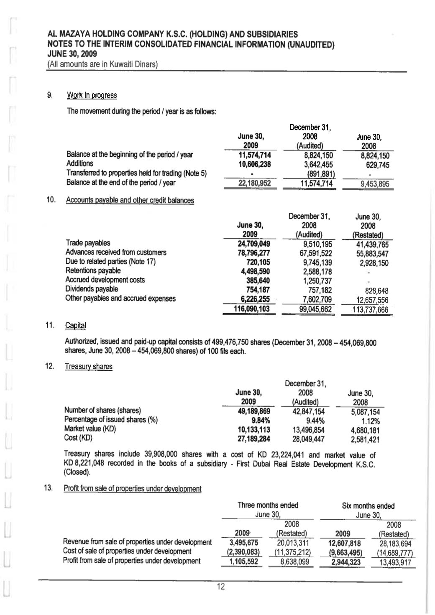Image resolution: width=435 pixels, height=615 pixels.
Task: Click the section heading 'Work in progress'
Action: tap(92, 95)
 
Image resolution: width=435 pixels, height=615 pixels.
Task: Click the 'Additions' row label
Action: tap(79, 163)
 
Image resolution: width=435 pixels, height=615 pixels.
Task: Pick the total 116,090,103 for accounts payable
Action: tap(251, 309)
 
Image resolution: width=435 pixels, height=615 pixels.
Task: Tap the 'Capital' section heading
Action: tap(76, 325)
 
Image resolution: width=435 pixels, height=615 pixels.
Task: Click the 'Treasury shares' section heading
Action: tap(89, 367)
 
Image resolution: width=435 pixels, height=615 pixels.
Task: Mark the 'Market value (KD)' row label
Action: tap(90, 429)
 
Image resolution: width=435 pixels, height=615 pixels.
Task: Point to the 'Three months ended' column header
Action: tap(268, 505)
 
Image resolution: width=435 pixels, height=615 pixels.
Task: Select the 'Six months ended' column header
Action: tap(368, 505)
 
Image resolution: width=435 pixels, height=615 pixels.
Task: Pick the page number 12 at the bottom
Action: tap(220, 587)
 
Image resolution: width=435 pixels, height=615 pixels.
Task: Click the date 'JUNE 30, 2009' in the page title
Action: tap(72, 54)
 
